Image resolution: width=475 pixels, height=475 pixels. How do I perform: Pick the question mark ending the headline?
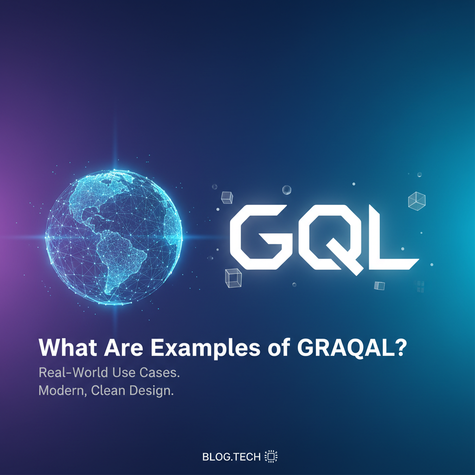[398, 348]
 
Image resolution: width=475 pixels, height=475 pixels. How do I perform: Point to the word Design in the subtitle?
[149, 391]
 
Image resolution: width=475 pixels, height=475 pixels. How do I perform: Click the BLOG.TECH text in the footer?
[231, 457]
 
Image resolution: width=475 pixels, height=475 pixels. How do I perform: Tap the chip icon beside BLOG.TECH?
[270, 456]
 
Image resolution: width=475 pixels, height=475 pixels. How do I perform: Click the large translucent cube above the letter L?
[417, 200]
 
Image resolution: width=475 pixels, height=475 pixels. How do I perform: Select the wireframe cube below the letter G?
[232, 278]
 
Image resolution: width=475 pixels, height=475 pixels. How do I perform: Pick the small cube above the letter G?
[227, 197]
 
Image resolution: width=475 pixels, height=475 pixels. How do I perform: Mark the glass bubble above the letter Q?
[287, 190]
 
